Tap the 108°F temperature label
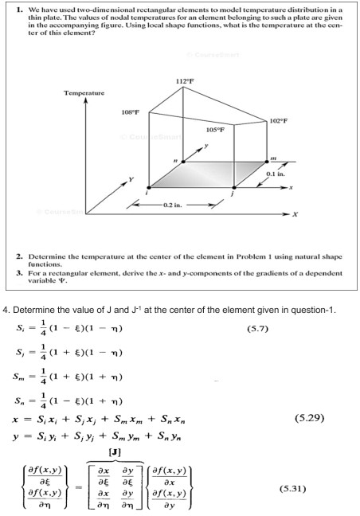pos(131,113)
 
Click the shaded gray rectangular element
pos(209,174)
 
